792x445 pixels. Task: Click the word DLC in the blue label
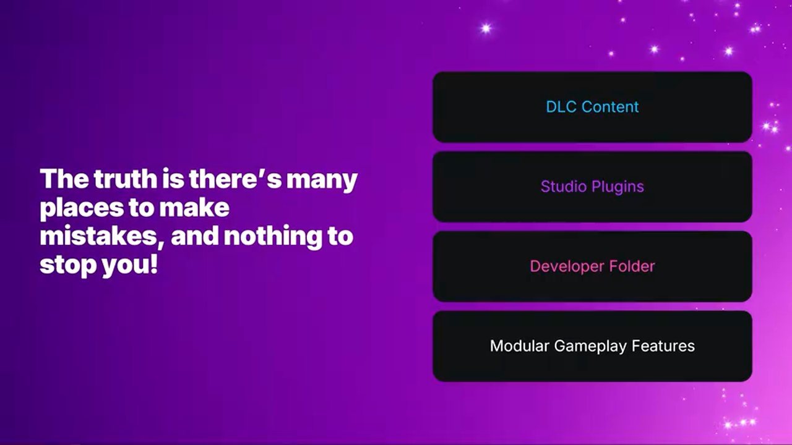click(561, 107)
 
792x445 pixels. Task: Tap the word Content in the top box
click(610, 107)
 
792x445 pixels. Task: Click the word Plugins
click(618, 187)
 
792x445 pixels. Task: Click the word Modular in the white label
click(519, 346)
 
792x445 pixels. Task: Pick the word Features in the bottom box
click(663, 346)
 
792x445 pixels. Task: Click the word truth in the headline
click(126, 179)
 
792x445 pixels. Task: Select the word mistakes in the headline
click(98, 236)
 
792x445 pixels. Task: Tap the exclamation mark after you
click(153, 264)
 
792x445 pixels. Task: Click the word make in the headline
click(194, 207)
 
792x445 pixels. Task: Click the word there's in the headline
click(235, 179)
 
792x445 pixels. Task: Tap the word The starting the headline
click(64, 179)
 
